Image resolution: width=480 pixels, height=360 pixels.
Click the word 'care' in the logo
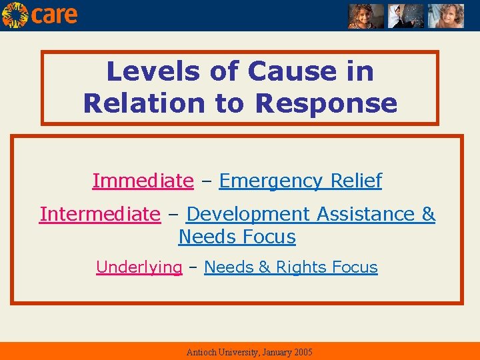(x=55, y=15)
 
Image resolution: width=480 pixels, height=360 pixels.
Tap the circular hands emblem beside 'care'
(x=15, y=15)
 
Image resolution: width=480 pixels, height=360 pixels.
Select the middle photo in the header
(x=406, y=15)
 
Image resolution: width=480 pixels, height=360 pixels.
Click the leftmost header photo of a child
(x=366, y=15)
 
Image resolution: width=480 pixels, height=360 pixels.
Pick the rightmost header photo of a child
(x=445, y=15)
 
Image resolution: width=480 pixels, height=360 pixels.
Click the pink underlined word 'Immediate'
(x=143, y=181)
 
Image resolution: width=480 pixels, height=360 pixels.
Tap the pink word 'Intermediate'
(x=100, y=214)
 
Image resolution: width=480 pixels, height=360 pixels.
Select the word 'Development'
(x=248, y=214)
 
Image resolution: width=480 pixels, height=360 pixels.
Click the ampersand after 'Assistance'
(x=428, y=214)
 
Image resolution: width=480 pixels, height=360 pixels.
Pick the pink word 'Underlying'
(x=139, y=267)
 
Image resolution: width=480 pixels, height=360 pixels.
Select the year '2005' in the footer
(x=301, y=352)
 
